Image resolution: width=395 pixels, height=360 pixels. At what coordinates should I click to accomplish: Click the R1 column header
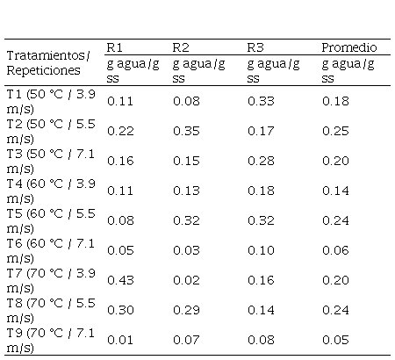[x=114, y=47]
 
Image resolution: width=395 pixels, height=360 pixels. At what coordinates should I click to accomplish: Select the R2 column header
[x=181, y=47]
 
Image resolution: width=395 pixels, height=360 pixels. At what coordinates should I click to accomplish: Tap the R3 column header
[x=255, y=47]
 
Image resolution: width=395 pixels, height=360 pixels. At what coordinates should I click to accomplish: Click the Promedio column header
[x=349, y=47]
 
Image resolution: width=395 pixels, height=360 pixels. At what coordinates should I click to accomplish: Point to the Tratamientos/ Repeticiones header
[x=48, y=62]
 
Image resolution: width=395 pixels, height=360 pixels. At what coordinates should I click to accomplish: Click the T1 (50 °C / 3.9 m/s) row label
[x=51, y=101]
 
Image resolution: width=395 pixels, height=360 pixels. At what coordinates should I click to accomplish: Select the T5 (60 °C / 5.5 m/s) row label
[x=51, y=220]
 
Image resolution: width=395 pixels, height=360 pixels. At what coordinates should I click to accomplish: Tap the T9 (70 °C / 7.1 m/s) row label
[x=50, y=340]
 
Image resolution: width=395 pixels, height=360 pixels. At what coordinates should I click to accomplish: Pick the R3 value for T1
[x=261, y=101]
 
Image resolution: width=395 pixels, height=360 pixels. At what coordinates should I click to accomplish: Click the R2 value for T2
[x=186, y=131]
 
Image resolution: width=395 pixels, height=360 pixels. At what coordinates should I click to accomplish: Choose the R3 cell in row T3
[x=261, y=161]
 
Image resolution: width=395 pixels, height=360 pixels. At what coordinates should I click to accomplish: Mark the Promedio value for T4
[x=335, y=191]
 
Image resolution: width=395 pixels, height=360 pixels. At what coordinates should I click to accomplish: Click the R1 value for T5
[x=120, y=220]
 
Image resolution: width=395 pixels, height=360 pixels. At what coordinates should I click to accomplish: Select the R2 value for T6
[x=186, y=250]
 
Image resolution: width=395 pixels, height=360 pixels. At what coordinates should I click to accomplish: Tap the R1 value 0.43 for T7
[x=120, y=280]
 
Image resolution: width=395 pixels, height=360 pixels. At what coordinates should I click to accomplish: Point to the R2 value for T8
[x=186, y=310]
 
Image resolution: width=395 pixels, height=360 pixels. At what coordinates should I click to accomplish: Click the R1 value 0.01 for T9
[x=120, y=340]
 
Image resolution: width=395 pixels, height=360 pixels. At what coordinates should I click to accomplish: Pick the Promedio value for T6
[x=335, y=250]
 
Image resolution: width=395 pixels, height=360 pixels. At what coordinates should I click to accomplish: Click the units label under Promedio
[x=348, y=71]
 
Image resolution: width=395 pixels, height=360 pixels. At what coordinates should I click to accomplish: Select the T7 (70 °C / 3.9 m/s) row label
[x=51, y=280]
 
